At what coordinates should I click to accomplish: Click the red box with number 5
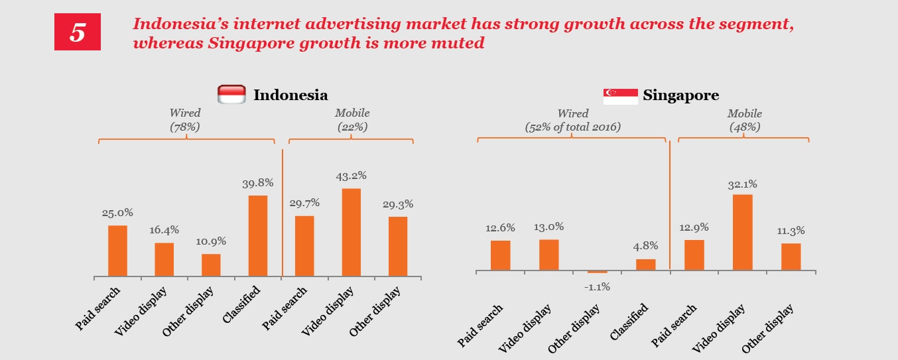tap(77, 32)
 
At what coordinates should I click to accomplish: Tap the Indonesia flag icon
tap(232, 94)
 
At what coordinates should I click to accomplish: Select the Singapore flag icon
tap(620, 95)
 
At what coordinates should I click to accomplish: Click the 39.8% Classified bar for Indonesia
tap(257, 235)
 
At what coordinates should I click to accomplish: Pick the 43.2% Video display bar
tap(352, 232)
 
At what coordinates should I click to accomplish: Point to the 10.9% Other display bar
tap(211, 265)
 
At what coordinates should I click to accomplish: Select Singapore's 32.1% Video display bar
tap(743, 232)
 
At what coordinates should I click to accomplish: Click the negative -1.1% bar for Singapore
tap(597, 272)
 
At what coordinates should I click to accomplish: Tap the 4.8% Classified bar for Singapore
tap(645, 265)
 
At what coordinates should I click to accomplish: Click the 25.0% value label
tap(117, 213)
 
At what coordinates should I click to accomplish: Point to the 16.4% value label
tap(164, 230)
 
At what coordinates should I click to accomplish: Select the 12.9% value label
tap(693, 227)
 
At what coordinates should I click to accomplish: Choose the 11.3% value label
tap(790, 231)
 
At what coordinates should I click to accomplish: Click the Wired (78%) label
tap(184, 120)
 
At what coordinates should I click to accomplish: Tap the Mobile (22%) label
tap(352, 120)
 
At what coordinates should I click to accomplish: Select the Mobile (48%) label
tap(744, 120)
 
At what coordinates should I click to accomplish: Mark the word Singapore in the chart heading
tap(681, 95)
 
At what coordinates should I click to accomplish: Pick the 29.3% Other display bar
tap(398, 246)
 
